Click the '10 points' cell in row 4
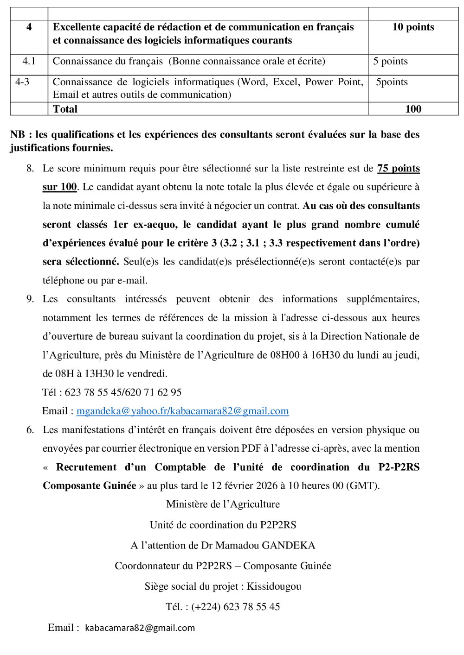pyautogui.click(x=413, y=27)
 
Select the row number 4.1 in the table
pyautogui.click(x=29, y=61)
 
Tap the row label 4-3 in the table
pyautogui.click(x=22, y=82)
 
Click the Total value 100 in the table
pyautogui.click(x=413, y=109)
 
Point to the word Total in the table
pyautogui.click(x=65, y=109)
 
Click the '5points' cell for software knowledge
pyautogui.click(x=392, y=82)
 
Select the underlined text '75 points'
pyautogui.click(x=398, y=168)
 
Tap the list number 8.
pyautogui.click(x=30, y=168)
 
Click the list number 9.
pyautogui.click(x=30, y=299)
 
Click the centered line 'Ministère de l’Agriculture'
pyautogui.click(x=223, y=504)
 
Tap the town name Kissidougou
pyautogui.click(x=274, y=586)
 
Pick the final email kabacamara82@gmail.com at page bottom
pyautogui.click(x=140, y=628)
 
